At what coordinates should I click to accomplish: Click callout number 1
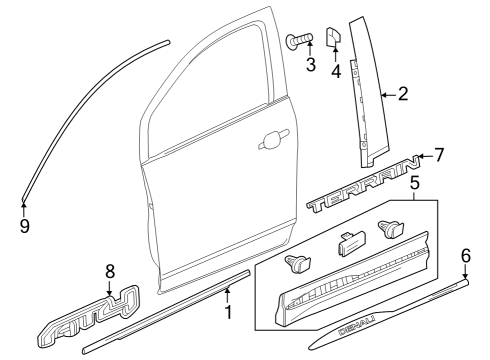coord(228,313)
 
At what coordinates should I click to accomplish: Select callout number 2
coord(402,95)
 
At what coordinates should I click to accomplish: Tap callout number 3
coord(311,65)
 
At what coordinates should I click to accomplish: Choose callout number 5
coord(414,185)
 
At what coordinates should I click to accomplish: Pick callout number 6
coord(465,256)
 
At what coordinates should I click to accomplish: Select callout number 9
coord(24,225)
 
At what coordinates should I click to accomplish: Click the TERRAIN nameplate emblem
coord(360,190)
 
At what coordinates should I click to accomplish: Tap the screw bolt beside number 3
coord(299,41)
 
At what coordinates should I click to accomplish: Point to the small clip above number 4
coord(335,38)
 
